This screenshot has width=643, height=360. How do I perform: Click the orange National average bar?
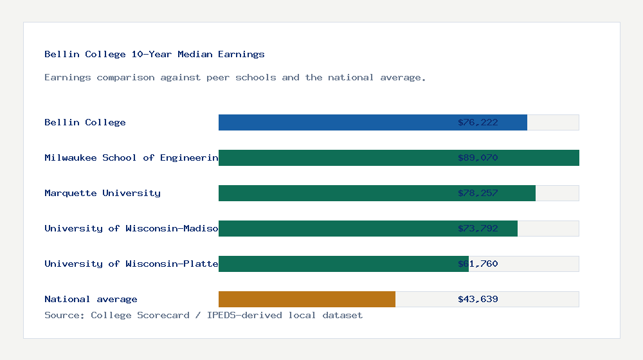(307, 299)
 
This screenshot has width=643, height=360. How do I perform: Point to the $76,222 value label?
(478, 122)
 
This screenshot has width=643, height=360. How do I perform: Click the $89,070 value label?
(478, 157)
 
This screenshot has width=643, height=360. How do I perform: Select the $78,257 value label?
(478, 193)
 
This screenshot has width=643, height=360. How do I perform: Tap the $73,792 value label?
(478, 228)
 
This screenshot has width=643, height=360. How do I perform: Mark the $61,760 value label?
(478, 264)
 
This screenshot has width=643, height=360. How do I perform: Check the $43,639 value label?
(478, 299)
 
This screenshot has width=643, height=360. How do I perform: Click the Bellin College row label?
(85, 122)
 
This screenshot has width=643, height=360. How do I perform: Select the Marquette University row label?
(102, 193)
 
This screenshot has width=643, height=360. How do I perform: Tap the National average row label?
(91, 299)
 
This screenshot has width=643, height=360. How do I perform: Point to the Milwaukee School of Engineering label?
(131, 157)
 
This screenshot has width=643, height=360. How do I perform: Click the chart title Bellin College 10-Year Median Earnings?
(154, 54)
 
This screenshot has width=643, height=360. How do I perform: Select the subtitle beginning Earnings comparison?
(235, 77)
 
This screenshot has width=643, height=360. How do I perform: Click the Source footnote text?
(203, 315)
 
